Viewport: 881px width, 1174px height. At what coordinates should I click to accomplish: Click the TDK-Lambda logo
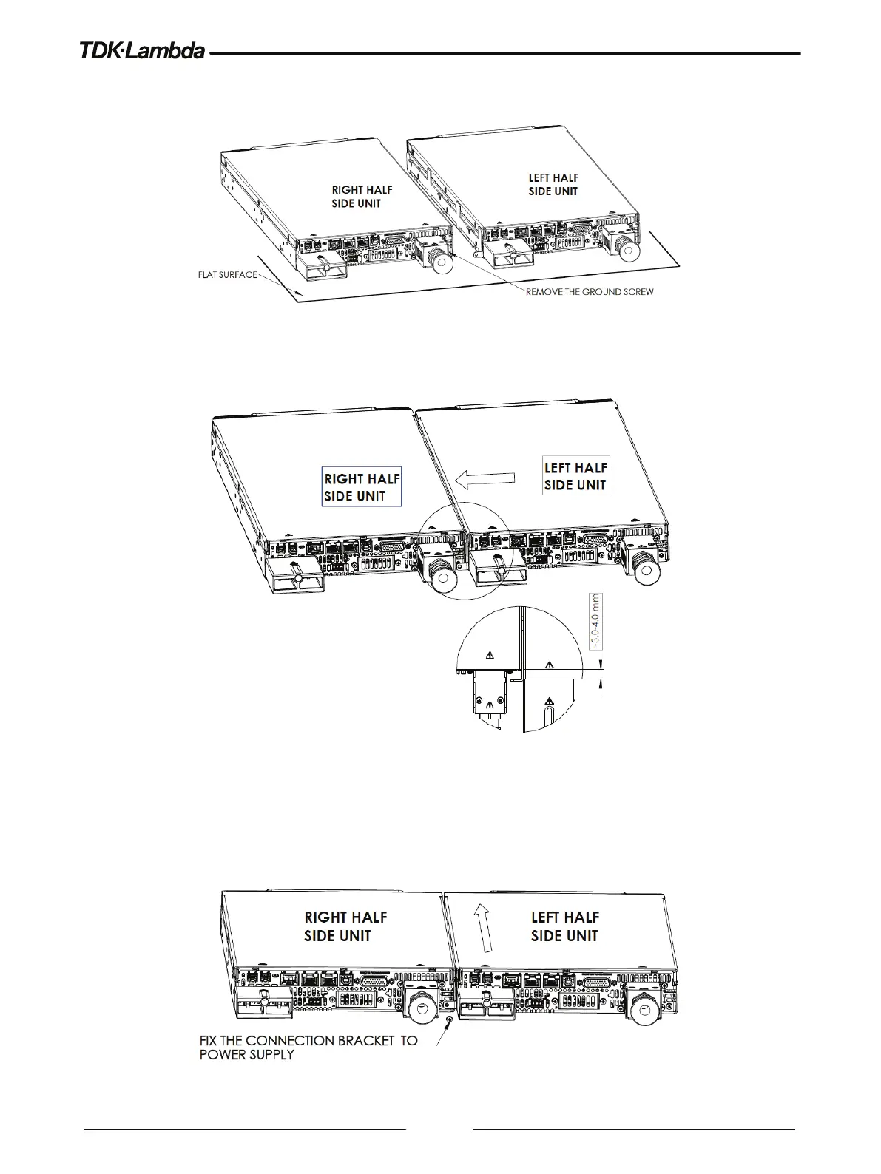(143, 52)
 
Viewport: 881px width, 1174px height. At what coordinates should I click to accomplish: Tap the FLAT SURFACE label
(227, 275)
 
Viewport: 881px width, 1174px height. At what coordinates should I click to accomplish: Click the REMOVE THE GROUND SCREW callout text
(590, 292)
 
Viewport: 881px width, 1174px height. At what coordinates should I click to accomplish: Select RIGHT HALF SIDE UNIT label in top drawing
(362, 197)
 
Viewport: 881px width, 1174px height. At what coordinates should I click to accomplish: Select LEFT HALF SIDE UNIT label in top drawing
(553, 185)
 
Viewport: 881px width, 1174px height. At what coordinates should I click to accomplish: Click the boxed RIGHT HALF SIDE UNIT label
(362, 487)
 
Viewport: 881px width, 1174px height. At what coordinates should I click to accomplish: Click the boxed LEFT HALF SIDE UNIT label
(575, 476)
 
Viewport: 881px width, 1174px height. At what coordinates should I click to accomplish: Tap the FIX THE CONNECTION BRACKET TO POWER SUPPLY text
(308, 1048)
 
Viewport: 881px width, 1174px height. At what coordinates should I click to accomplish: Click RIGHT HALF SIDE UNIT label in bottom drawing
(345, 926)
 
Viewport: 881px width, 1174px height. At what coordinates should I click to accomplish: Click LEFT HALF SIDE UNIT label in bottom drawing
(565, 926)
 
